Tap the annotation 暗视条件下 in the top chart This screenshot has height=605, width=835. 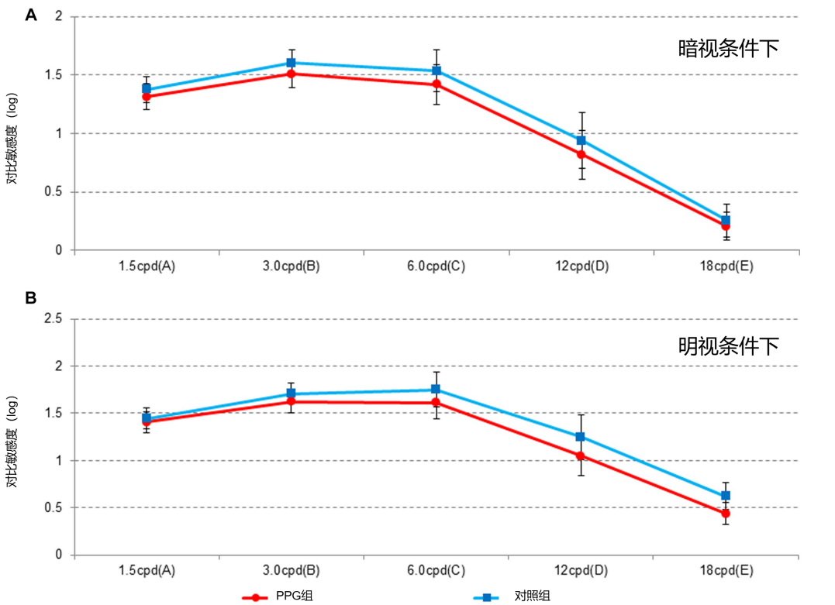click(x=728, y=49)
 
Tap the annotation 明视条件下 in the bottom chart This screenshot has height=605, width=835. click(x=728, y=346)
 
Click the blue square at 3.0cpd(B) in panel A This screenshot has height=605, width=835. click(x=292, y=63)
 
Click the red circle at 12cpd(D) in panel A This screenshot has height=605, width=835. click(x=581, y=154)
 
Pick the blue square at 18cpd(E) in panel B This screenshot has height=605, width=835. click(x=726, y=496)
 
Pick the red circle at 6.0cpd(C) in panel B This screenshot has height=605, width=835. click(x=436, y=403)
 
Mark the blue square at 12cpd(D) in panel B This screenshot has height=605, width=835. click(x=581, y=437)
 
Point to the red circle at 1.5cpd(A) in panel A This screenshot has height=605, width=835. click(x=147, y=97)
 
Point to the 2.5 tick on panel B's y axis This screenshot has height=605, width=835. click(x=52, y=318)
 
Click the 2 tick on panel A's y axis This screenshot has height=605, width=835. click(x=58, y=16)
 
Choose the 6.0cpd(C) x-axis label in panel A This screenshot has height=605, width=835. click(x=436, y=266)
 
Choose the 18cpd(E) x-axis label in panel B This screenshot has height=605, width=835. click(x=726, y=571)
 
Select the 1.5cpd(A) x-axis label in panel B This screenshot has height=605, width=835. click(x=147, y=571)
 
